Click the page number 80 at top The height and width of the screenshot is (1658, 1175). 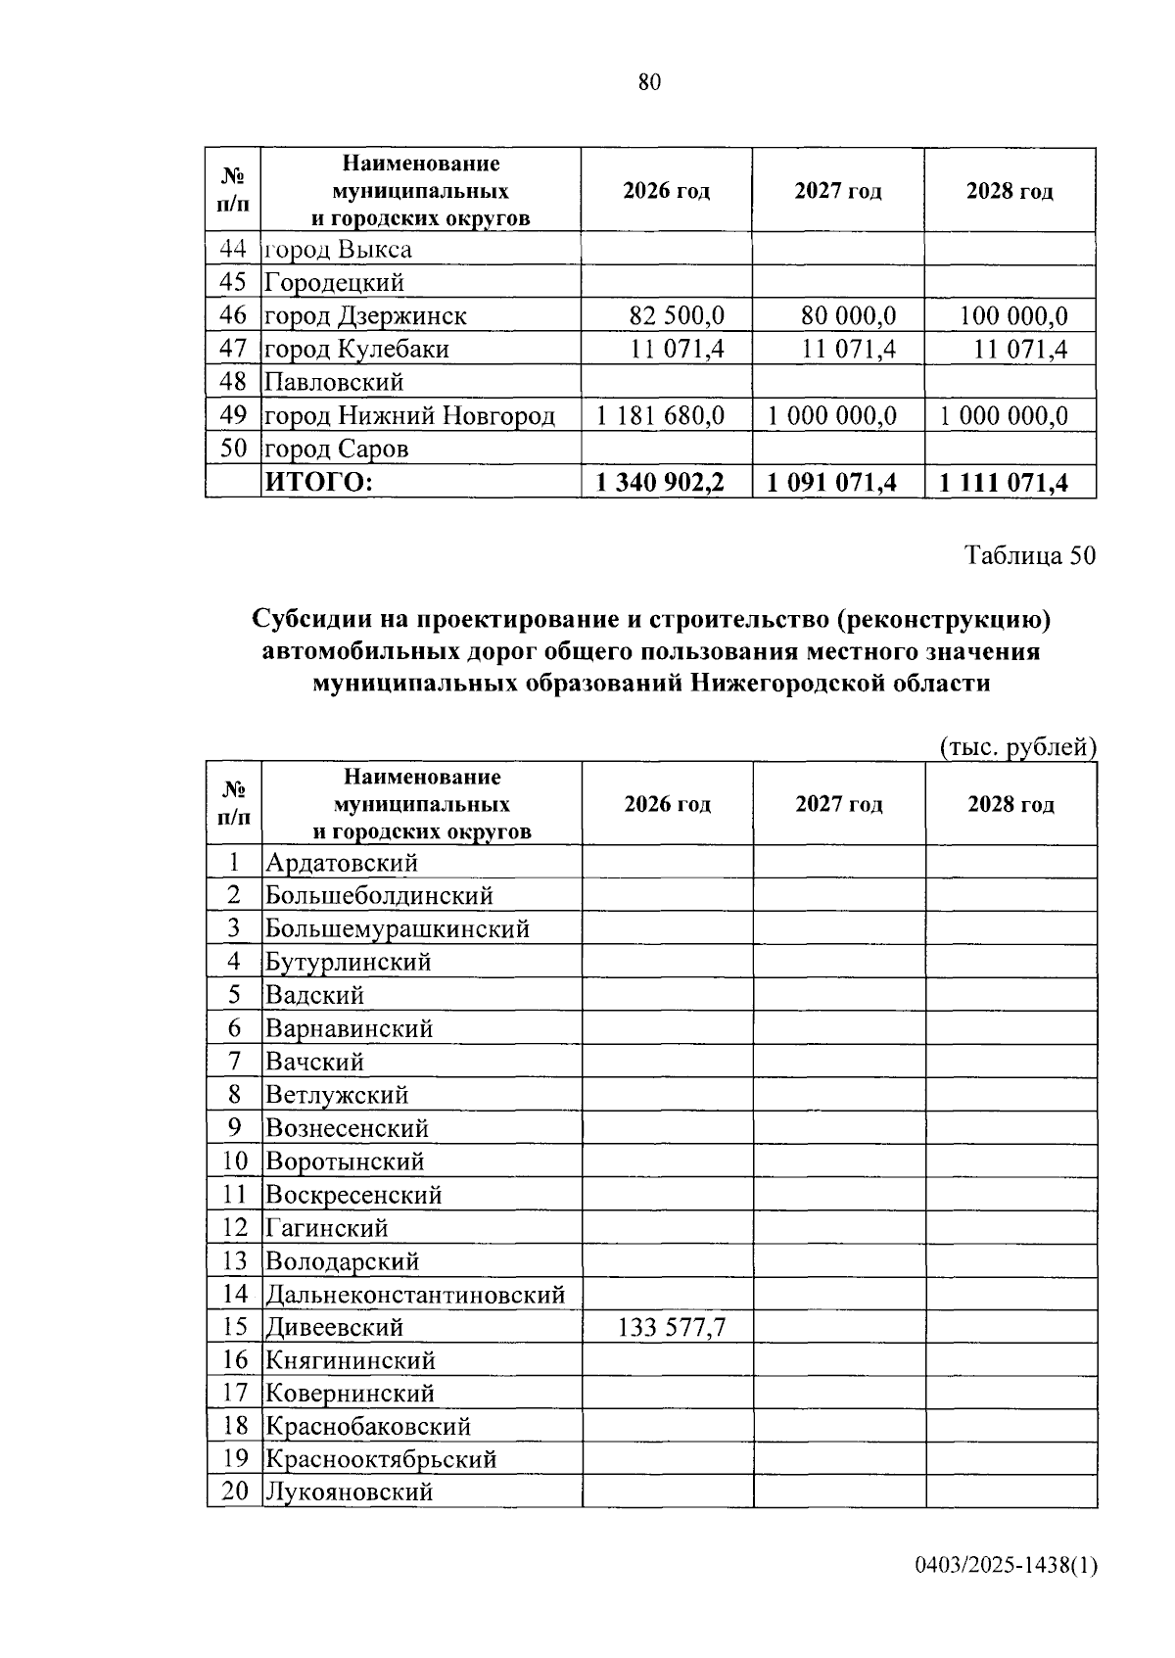649,82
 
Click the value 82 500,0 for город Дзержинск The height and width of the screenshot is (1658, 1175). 676,315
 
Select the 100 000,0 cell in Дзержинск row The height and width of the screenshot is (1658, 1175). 1013,315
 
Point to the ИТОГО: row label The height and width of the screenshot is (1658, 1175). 319,482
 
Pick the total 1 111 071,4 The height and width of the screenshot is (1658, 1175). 1004,482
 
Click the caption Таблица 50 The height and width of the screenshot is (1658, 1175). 1030,555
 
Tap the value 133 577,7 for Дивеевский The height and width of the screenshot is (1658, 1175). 672,1327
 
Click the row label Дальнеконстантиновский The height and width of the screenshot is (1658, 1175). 415,1294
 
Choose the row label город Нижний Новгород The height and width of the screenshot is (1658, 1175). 409,415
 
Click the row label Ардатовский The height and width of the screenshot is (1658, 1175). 342,863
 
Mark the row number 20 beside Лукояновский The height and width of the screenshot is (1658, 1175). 235,1492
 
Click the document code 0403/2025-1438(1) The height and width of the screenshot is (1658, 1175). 1006,1565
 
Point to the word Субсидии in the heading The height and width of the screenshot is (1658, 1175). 311,619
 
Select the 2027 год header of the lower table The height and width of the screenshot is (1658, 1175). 839,804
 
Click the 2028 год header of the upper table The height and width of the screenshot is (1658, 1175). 1010,191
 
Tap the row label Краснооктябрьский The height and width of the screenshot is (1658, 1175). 381,1458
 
